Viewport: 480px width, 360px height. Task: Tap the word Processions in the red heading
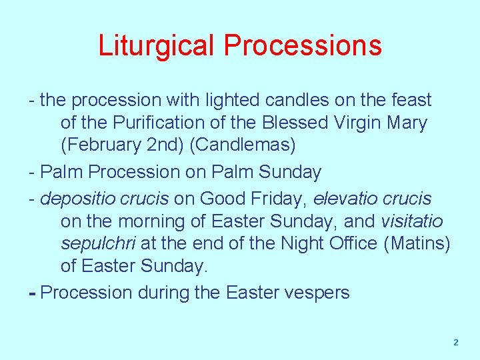point(303,46)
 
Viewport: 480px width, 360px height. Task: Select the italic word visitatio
point(411,221)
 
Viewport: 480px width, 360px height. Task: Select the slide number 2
point(456,343)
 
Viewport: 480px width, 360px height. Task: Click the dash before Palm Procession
point(33,172)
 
